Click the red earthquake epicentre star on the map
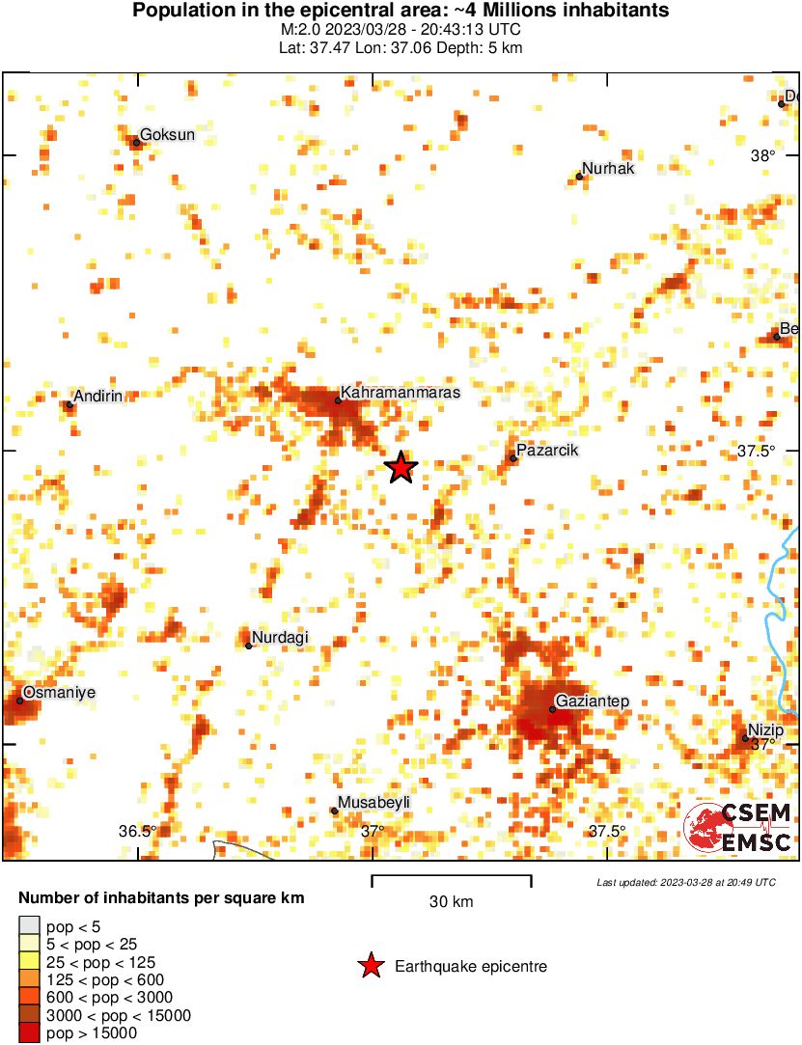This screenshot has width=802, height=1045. coord(401,468)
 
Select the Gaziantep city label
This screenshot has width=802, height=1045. coord(593,701)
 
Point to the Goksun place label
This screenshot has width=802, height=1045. coord(168,135)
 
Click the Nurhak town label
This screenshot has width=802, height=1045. coord(609,169)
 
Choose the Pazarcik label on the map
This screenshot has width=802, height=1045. coord(547,451)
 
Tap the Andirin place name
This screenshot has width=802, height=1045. coord(99,397)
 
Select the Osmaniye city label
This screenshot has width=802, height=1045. coord(59,693)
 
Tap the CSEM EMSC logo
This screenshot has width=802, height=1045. coord(738,828)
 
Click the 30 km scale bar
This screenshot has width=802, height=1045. coord(452,877)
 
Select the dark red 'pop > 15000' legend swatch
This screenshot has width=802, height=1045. coord(29,1033)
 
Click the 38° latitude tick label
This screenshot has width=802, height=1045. coord(762,156)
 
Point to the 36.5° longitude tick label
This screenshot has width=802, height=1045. coord(137,832)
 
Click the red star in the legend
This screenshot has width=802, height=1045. coord(370,966)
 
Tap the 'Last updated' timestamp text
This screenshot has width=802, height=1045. coord(685,882)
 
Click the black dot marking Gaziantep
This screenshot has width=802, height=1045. coord(552,709)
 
